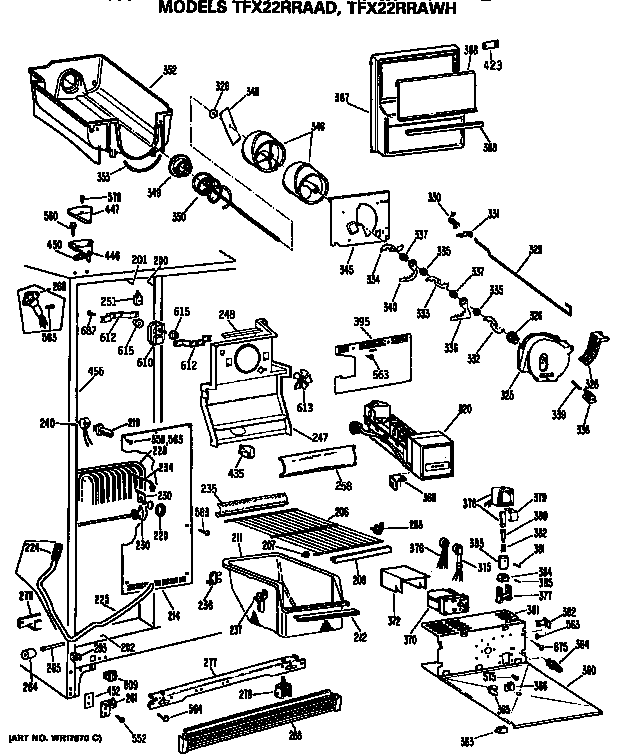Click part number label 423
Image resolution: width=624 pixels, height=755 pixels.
click(493, 65)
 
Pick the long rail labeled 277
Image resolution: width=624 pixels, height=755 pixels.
click(230, 680)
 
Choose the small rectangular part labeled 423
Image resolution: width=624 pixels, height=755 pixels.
click(491, 45)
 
